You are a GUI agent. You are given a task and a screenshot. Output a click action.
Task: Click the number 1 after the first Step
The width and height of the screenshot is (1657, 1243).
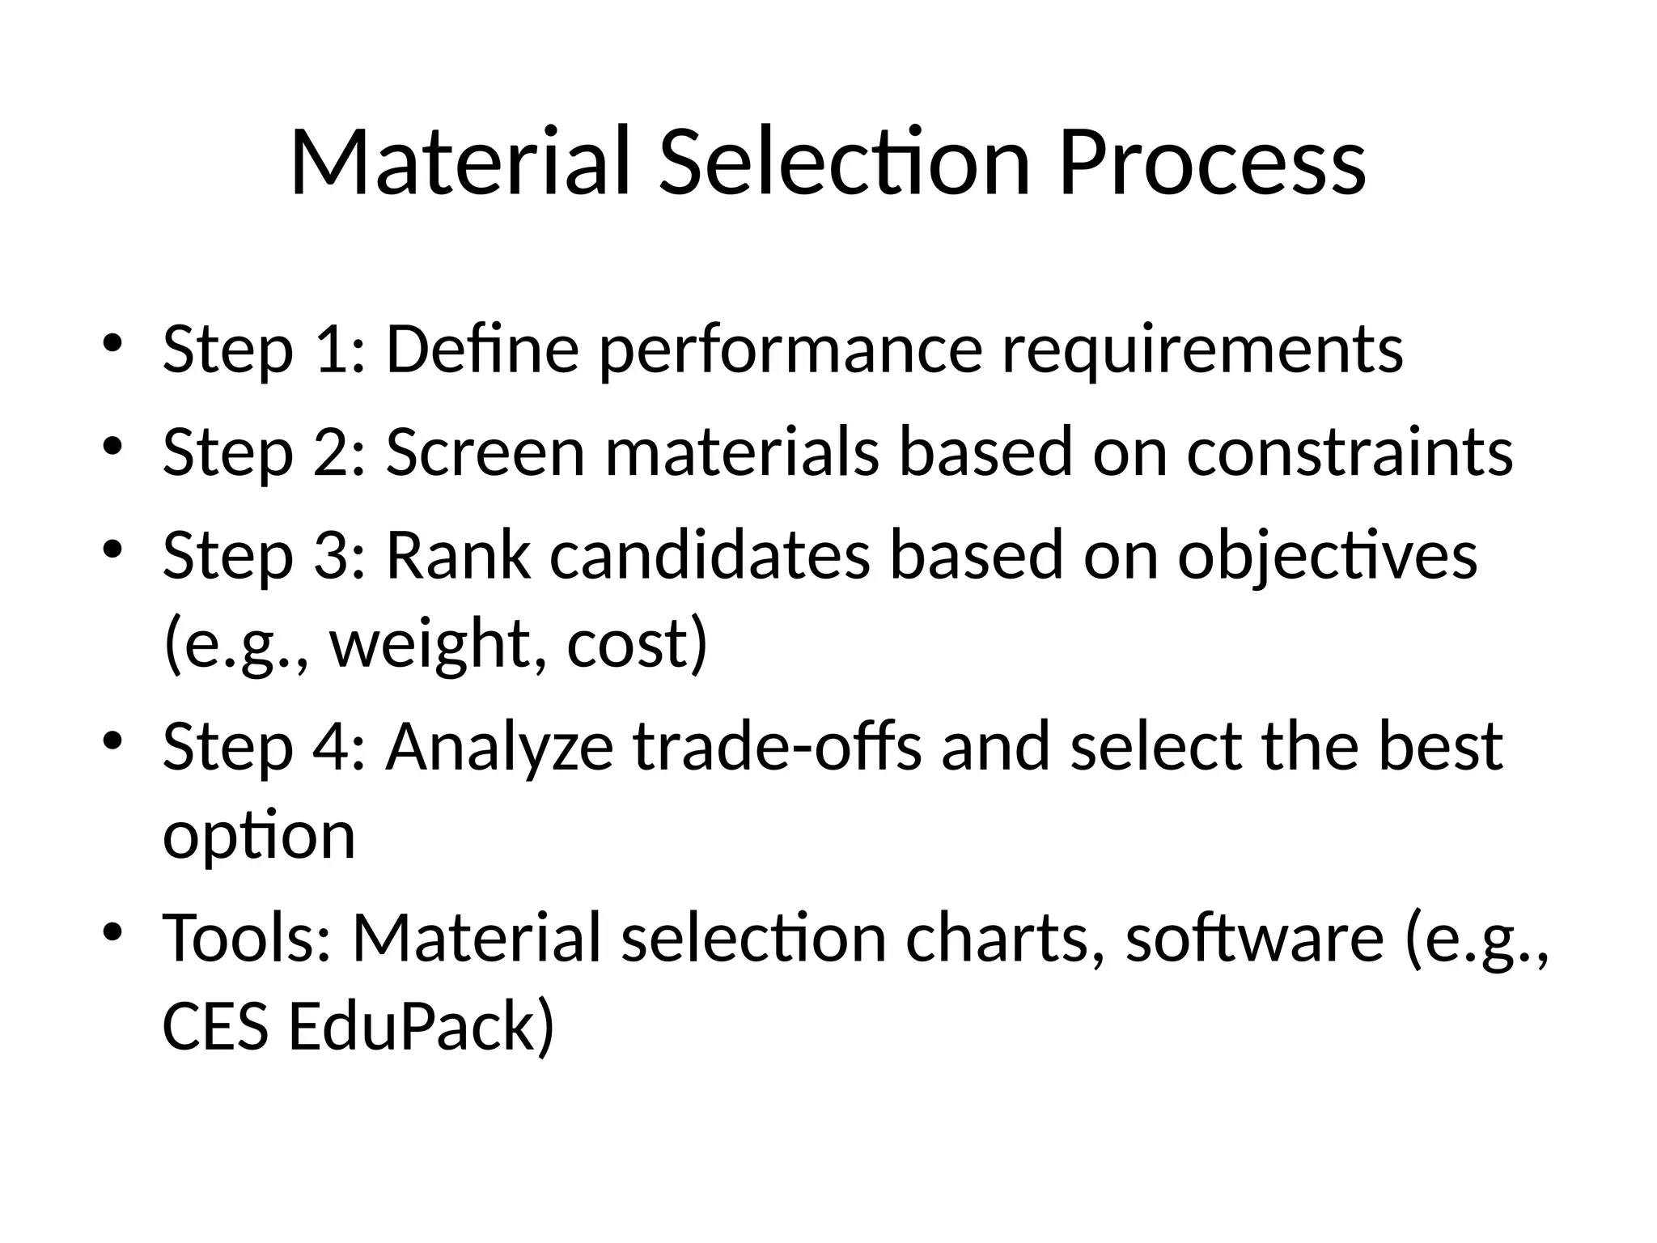click(336, 350)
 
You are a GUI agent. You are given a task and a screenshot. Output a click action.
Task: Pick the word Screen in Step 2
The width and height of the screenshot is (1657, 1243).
click(485, 452)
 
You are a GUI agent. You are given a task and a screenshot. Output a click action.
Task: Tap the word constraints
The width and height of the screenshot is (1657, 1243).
click(1350, 452)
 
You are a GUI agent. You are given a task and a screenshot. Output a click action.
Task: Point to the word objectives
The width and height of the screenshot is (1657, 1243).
click(1327, 558)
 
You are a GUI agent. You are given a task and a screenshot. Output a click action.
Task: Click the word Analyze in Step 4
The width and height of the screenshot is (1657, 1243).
click(499, 748)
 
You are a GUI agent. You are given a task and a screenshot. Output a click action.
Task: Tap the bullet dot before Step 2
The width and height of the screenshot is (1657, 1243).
click(112, 445)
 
